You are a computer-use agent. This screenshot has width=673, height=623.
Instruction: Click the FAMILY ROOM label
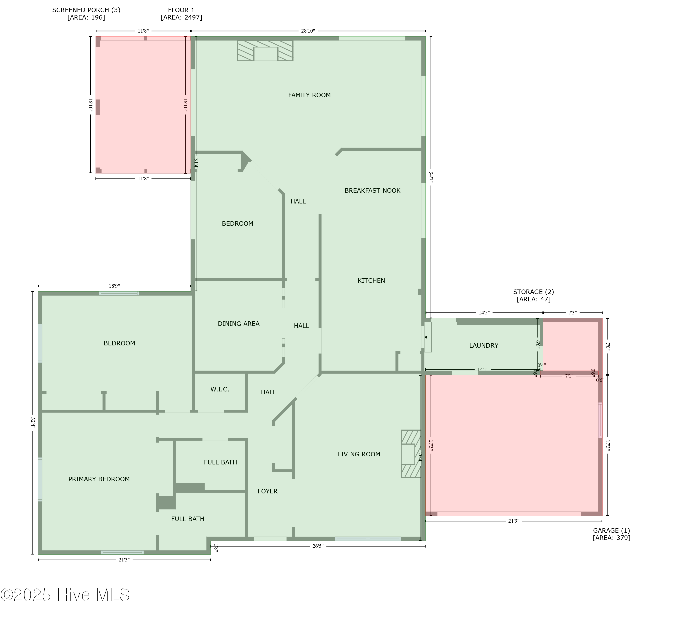pos(309,95)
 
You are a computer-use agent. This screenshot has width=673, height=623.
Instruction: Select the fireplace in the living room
pos(410,454)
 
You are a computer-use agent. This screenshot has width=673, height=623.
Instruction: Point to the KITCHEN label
pos(371,281)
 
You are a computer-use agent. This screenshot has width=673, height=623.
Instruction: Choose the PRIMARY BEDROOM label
pos(99,479)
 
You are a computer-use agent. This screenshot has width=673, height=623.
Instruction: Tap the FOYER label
pos(267,491)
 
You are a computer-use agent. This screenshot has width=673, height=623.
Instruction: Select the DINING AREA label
pos(238,324)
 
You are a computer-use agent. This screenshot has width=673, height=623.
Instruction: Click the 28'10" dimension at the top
pos(308,31)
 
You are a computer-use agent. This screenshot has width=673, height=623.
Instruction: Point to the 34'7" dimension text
pos(431,177)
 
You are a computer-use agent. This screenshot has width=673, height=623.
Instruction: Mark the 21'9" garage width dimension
pos(513,521)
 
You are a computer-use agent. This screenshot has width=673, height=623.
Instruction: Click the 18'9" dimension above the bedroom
pos(114,286)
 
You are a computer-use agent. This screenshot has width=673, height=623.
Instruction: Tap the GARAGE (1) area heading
pos(611,534)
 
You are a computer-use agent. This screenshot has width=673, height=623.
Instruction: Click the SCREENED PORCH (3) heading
pos(86,13)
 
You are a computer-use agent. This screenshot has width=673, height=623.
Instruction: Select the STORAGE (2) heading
pos(533,295)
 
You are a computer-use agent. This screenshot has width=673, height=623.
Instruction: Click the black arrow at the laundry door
pos(426,337)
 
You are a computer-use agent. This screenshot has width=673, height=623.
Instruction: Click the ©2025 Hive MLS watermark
pos(65,595)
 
